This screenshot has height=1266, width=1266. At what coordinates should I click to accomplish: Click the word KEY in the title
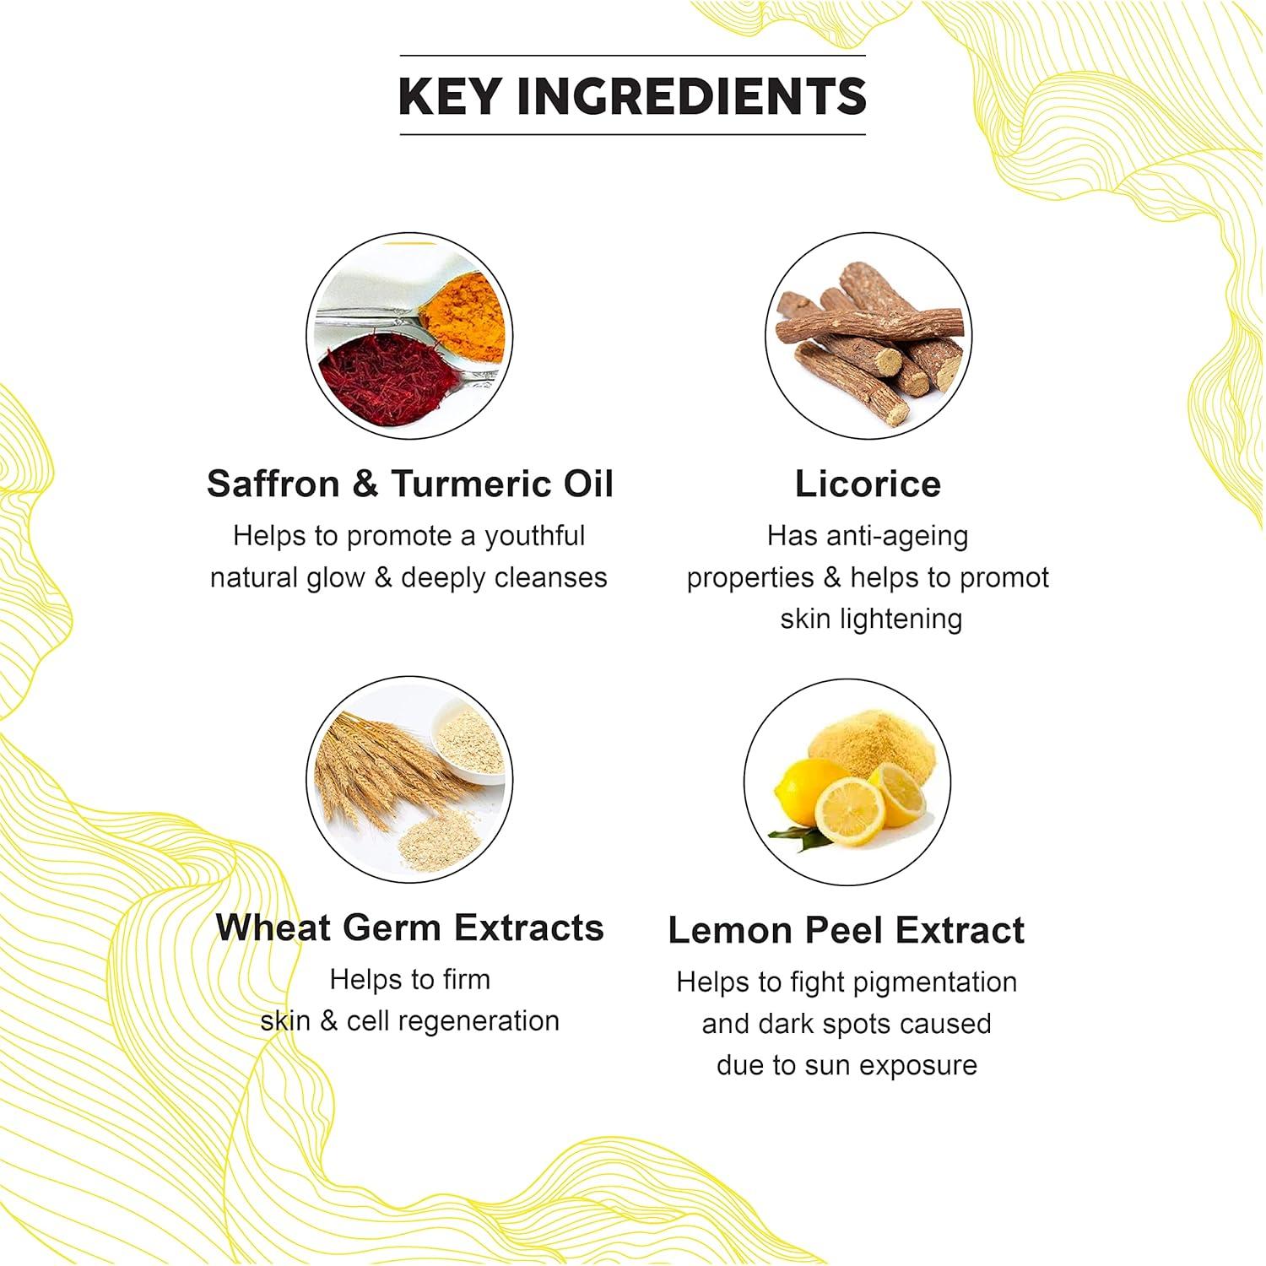tap(450, 96)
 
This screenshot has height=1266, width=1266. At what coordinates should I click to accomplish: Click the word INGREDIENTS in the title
tap(691, 96)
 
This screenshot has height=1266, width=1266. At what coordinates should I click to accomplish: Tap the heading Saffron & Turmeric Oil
tap(410, 484)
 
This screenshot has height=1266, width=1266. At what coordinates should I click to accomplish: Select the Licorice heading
tap(868, 484)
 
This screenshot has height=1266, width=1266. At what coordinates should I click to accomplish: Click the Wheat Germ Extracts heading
tap(410, 928)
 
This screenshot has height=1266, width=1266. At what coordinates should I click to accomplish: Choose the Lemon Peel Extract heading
tap(846, 930)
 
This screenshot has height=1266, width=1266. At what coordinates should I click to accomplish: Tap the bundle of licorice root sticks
tap(869, 338)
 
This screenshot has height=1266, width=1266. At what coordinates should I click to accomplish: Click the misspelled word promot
tap(999, 578)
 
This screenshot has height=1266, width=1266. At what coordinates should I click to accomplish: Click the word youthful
tap(534, 536)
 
